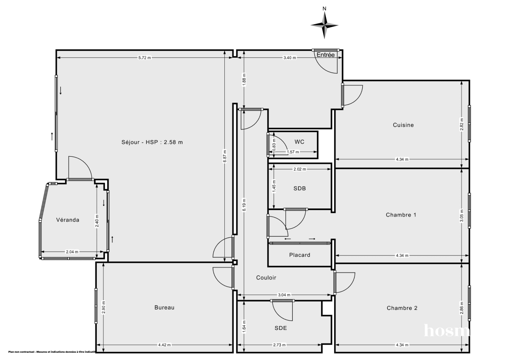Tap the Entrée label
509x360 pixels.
point(326,55)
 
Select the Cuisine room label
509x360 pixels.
point(403,125)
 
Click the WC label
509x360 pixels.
point(299,142)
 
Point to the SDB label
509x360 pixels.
point(299,188)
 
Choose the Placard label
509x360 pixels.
point(299,255)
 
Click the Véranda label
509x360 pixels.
point(68,220)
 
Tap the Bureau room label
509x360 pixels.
point(164,308)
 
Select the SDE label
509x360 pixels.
point(280,328)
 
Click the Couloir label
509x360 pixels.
point(266,278)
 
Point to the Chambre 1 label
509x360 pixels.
point(401,215)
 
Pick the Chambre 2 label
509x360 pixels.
point(402,308)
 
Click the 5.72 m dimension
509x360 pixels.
point(145,58)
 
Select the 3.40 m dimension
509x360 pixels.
point(290,58)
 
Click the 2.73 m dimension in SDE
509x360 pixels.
point(279,345)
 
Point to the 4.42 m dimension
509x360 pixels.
point(164,345)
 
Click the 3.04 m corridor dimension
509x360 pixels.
point(284,295)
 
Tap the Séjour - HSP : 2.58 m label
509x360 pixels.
point(152,142)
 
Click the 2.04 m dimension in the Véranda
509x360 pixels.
point(73,252)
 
